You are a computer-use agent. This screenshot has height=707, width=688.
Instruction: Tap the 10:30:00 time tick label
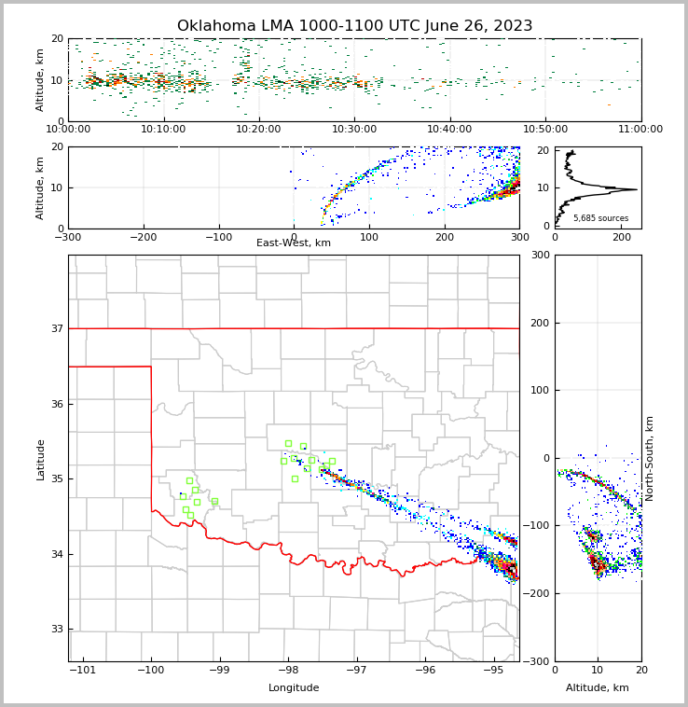tap(354, 129)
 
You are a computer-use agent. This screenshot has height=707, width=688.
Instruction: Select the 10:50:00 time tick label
tap(545, 129)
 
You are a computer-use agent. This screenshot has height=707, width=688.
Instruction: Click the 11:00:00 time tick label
tap(640, 129)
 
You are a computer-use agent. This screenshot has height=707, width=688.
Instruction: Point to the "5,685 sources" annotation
tap(600, 218)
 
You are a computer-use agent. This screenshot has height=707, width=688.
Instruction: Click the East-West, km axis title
tap(294, 243)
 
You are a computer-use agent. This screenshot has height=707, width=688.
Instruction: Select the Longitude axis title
tap(294, 688)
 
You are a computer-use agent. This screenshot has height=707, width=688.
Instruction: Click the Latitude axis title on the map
tap(40, 459)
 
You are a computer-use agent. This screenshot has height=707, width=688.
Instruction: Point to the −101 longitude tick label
tap(83, 671)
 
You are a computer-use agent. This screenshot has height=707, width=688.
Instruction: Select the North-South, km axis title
tap(650, 458)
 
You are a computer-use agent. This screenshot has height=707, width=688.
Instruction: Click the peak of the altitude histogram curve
tap(637, 189)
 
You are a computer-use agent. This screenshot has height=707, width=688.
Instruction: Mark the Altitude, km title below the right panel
tap(598, 688)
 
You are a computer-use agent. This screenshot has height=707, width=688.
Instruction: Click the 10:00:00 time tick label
tap(68, 129)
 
